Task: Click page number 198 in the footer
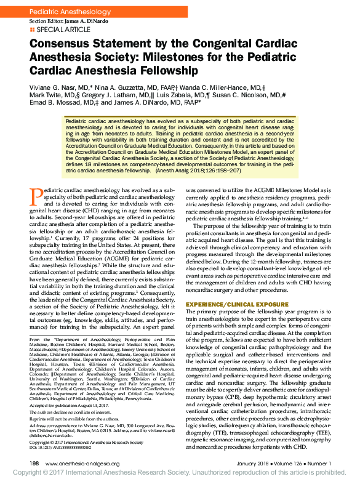[x=34, y=463]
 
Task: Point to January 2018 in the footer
[x=254, y=463]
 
